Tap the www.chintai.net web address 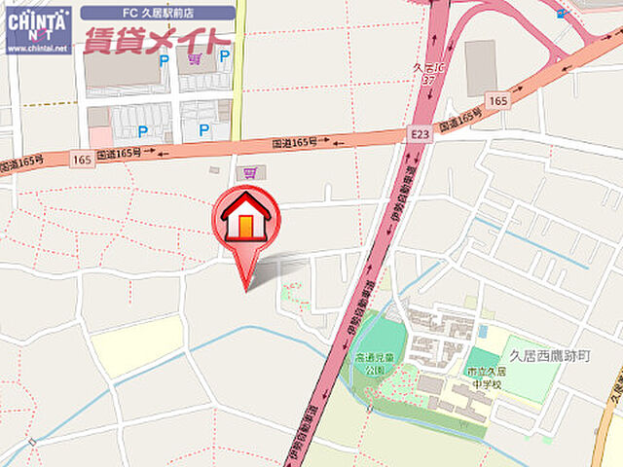38,47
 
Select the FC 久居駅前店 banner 157,14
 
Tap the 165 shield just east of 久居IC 498,100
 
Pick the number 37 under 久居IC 426,80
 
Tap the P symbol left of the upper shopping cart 164,58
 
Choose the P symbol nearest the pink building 142,130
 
